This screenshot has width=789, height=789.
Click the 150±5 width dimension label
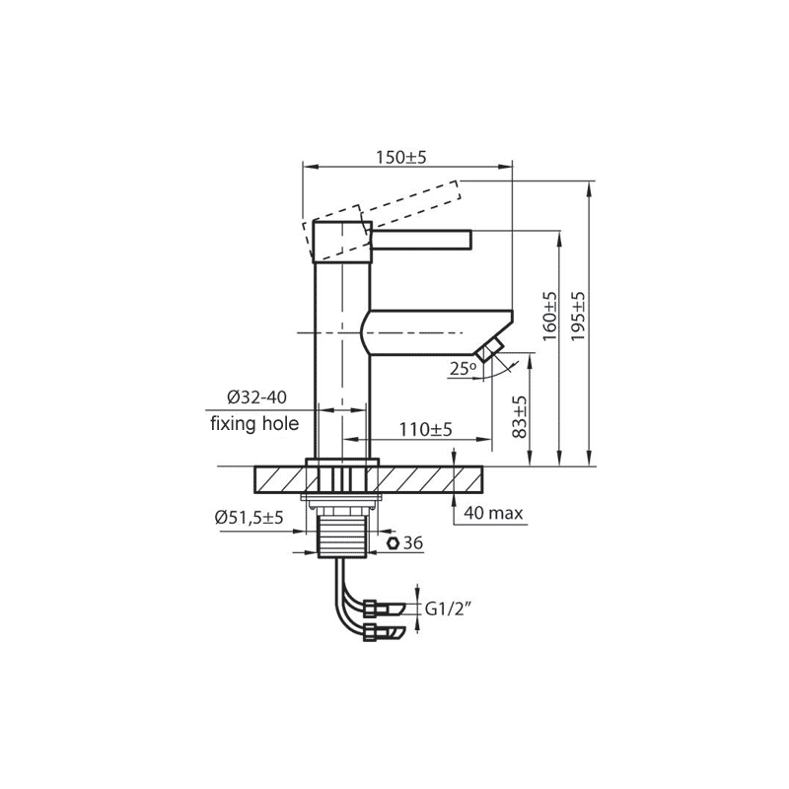[x=401, y=158]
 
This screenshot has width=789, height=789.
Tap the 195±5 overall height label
[x=578, y=316]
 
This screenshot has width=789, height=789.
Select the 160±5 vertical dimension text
[x=550, y=316]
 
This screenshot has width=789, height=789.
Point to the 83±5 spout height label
[x=521, y=416]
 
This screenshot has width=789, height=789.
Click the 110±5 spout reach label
[x=426, y=429]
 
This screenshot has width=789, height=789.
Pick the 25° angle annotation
[x=463, y=369]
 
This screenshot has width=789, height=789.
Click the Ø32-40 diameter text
[x=256, y=397]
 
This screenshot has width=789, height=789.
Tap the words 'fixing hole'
[x=254, y=424]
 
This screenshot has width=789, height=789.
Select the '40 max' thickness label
[x=493, y=513]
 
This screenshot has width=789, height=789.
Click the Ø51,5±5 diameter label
[x=250, y=517]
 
